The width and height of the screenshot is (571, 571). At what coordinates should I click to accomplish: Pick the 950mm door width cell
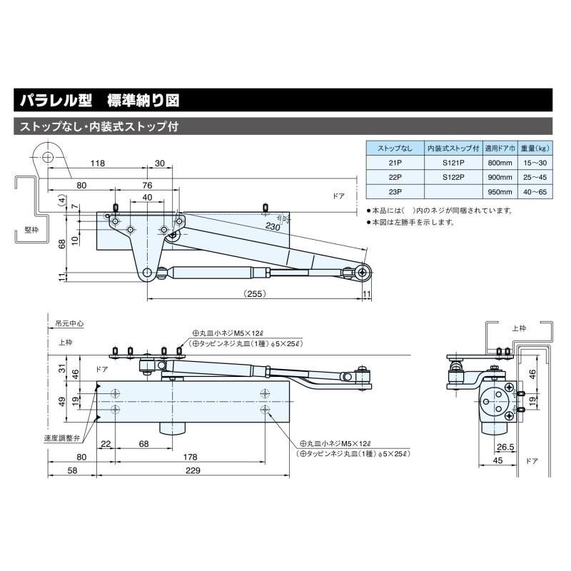(x=499, y=191)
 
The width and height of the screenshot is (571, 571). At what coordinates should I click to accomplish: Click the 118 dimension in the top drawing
(x=98, y=163)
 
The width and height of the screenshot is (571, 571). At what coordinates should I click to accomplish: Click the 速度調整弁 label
(x=61, y=438)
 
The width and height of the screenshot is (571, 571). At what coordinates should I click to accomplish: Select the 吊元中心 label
(x=69, y=324)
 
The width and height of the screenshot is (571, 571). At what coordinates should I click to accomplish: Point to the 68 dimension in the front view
(x=143, y=444)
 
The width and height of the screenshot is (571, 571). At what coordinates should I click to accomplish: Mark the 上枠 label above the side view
(x=520, y=328)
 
